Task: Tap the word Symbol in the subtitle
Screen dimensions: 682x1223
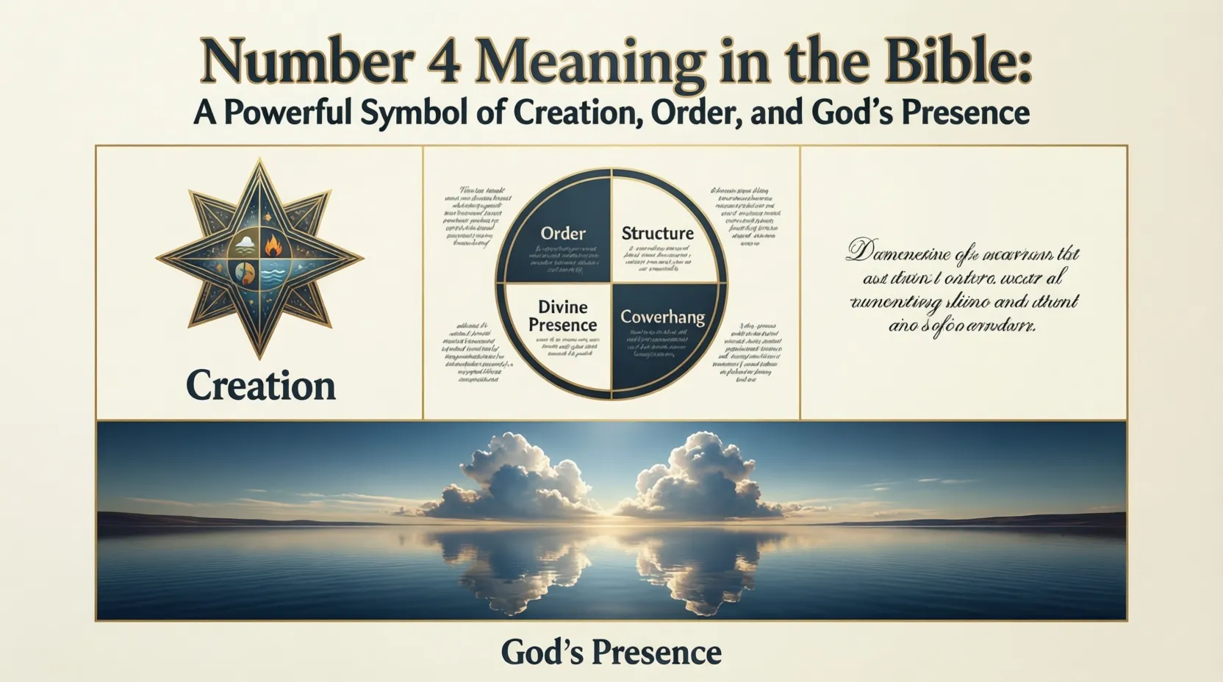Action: coord(409,113)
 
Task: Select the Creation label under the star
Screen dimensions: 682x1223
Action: coord(260,386)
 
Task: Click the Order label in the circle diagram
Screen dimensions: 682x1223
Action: coord(563,234)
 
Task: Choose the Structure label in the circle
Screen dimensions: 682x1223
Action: coord(657,234)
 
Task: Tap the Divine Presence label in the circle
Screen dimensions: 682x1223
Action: coord(562,316)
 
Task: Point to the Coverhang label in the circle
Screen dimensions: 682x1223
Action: coord(662,317)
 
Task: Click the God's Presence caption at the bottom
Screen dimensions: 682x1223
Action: coord(611,652)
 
